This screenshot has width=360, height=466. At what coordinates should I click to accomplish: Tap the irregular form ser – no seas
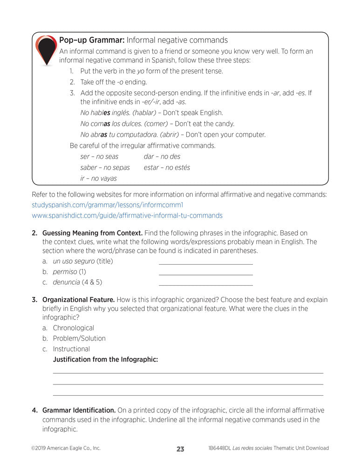coord(99,157)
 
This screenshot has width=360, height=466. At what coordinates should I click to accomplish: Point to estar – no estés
coord(167,167)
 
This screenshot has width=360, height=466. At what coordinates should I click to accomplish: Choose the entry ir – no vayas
coord(98,178)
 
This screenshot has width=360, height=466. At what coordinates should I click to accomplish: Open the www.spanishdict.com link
coord(127,216)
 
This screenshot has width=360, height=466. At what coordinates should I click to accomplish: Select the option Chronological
coord(73,328)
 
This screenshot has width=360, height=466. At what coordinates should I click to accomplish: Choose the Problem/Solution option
coord(79,338)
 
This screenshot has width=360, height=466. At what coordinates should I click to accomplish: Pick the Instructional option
coord(71,349)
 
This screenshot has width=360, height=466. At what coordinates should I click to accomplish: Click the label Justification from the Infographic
coord(105,360)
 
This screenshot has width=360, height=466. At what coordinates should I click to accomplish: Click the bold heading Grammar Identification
coord(79,411)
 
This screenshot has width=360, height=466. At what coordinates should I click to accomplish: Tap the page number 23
coord(180,449)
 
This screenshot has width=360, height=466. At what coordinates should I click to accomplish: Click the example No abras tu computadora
coord(127,135)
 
